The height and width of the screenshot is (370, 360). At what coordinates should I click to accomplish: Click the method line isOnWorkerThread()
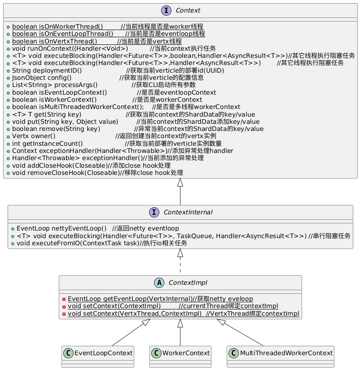point(105,26)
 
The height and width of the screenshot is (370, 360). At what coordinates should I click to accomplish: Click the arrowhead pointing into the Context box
point(180,183)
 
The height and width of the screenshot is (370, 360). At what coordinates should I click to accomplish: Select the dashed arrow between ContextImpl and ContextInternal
point(180,265)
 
